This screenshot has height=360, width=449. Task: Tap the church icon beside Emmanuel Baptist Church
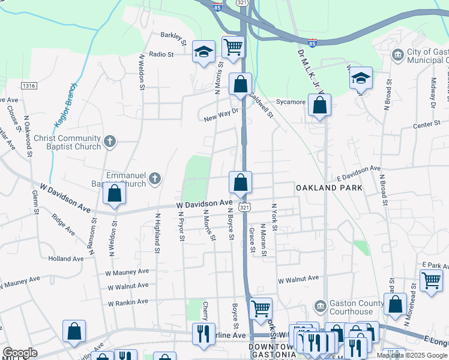tap(155, 178)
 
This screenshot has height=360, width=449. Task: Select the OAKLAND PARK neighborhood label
tap(329, 188)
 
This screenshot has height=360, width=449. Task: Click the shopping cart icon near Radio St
tap(233, 46)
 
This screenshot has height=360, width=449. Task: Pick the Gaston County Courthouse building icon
tap(320, 307)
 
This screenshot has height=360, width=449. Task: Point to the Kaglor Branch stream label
tap(67, 106)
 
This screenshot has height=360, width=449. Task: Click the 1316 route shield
tap(28, 86)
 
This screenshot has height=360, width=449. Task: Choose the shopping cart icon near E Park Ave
tap(431, 280)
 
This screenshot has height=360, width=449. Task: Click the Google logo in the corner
tap(20, 353)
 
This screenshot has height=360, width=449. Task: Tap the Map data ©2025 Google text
tap(412, 355)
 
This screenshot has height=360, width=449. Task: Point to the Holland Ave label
tap(66, 259)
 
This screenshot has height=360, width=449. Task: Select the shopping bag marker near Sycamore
tap(320, 105)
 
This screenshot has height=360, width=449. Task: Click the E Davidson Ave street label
tap(358, 174)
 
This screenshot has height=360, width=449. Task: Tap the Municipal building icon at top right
tap(398, 56)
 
